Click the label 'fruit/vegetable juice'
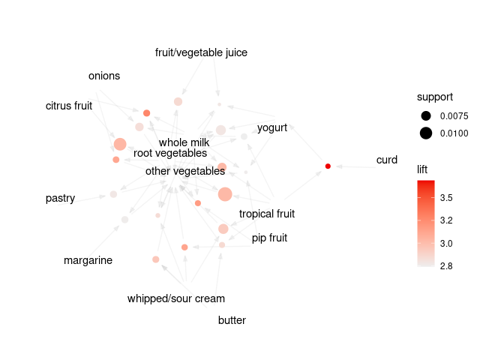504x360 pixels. point(201,52)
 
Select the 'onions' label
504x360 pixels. point(104,76)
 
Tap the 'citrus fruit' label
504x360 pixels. point(69,106)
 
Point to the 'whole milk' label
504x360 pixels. point(184,142)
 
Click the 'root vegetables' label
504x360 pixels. point(170,153)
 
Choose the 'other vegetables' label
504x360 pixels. point(185,171)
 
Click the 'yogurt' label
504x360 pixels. point(272,127)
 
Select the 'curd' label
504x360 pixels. point(387,160)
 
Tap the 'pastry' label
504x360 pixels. point(60,198)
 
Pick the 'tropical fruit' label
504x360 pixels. point(267,214)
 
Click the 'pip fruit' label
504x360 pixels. point(269,238)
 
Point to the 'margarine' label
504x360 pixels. point(88,260)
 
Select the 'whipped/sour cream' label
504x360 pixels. point(176,298)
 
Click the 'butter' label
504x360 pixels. point(232,320)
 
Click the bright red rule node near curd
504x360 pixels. point(328,166)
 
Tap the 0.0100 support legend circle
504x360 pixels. point(426,133)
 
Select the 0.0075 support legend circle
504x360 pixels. point(426,115)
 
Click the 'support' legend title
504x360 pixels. point(435,97)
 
